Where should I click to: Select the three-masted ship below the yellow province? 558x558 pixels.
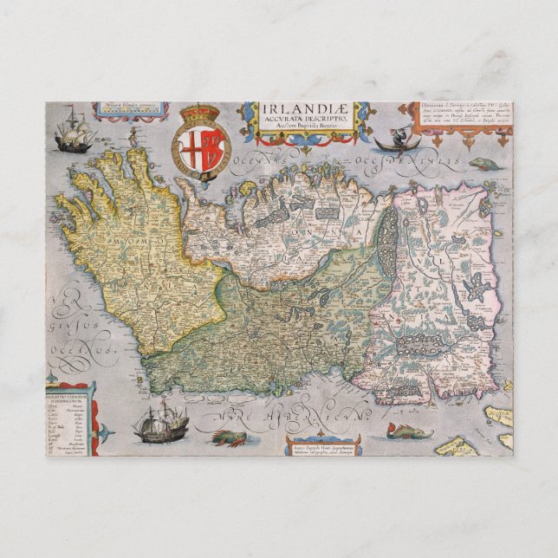click(161, 423)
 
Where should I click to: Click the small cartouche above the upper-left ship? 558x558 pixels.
click(119, 109)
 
